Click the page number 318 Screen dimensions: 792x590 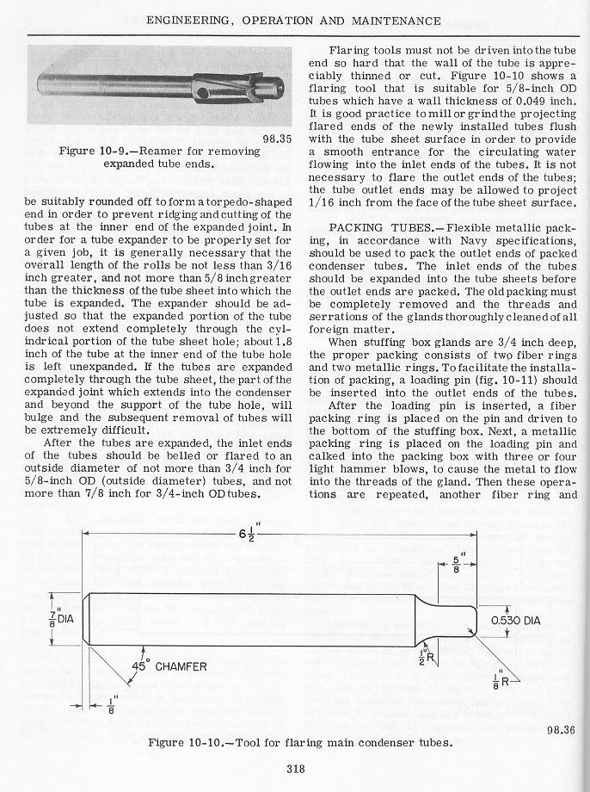click(x=294, y=770)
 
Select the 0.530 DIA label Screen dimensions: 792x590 click(x=515, y=622)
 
